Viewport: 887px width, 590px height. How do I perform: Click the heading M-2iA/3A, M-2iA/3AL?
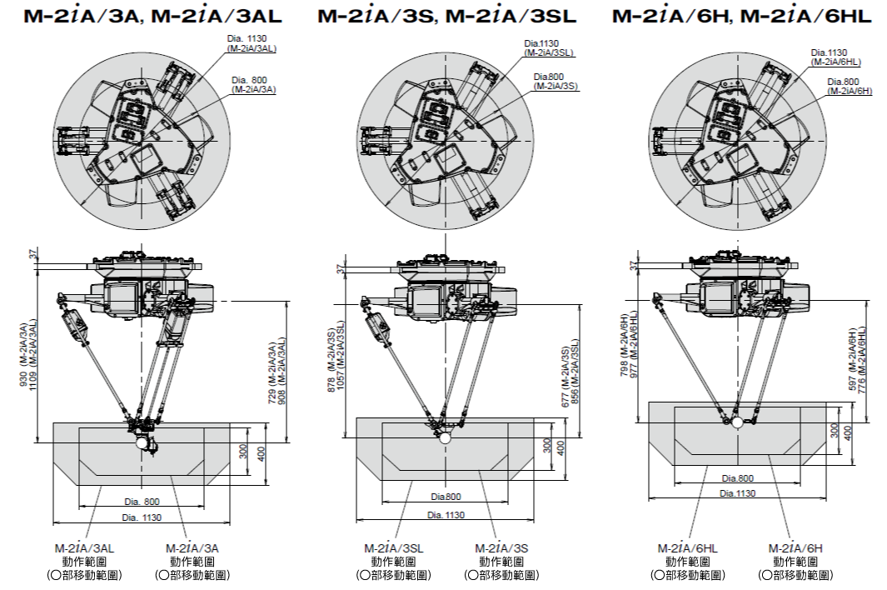click(153, 16)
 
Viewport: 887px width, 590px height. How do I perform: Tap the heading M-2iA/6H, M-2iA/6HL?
click(741, 16)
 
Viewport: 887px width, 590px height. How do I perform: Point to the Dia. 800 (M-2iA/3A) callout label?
click(254, 83)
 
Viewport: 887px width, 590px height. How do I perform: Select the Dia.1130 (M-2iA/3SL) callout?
click(550, 47)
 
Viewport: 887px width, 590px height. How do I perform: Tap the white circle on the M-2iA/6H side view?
click(737, 422)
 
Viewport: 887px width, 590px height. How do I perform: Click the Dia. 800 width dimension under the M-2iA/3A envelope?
click(141, 502)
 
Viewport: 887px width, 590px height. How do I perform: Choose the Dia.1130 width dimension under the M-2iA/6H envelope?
click(738, 493)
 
